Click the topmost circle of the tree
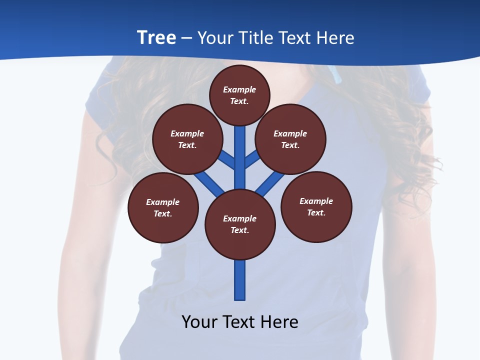coord(239,95)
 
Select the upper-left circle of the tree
coord(187,139)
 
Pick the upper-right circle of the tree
coord(290,139)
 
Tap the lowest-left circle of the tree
coord(163,207)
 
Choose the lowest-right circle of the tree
coord(316,206)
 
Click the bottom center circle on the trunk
coord(240,224)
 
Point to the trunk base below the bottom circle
coord(240,280)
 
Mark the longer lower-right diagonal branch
coord(270,183)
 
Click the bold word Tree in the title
coord(156,37)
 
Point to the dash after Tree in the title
coord(186,38)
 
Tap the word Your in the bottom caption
coord(200,321)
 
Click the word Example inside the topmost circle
coord(239,89)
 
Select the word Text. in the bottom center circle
coord(239,230)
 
